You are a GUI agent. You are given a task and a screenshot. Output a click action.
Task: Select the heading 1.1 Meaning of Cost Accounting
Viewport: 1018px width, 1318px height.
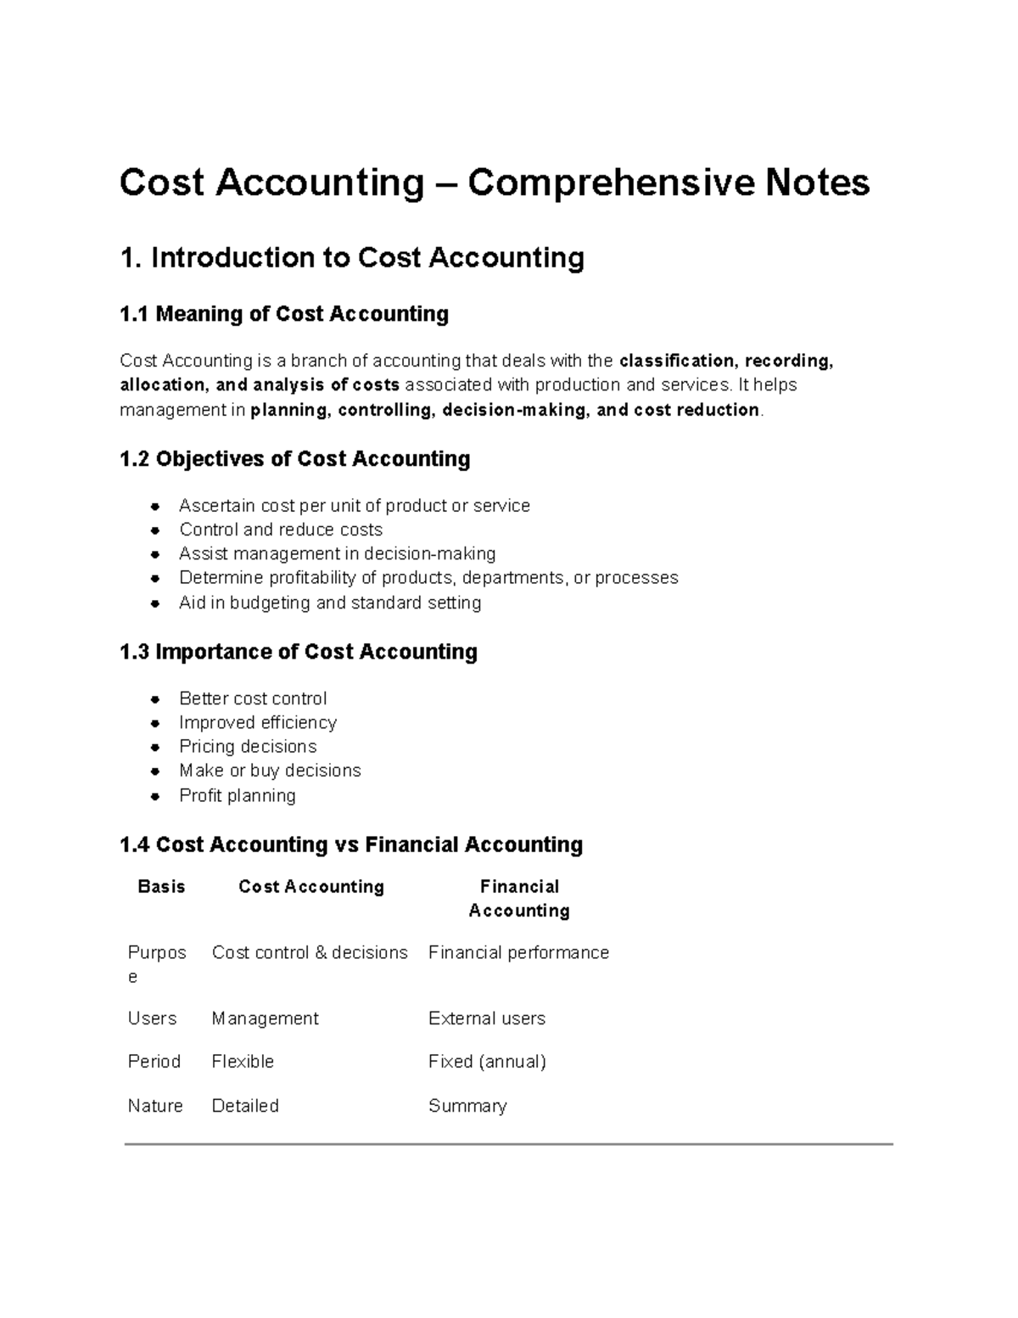click(284, 314)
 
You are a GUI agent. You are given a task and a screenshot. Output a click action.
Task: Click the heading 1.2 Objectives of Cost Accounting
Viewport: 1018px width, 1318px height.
click(294, 459)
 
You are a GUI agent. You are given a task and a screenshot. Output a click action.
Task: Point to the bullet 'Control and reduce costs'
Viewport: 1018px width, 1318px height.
click(281, 530)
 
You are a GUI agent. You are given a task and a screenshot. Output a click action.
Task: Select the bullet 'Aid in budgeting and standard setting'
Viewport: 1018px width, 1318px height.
click(330, 603)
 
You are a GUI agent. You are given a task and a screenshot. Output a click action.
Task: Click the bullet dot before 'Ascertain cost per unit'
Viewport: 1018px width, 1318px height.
click(155, 507)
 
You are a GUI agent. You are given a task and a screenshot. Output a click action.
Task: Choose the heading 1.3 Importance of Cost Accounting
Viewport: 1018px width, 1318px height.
click(299, 652)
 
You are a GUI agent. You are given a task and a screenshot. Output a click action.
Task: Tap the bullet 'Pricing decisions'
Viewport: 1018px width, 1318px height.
click(248, 747)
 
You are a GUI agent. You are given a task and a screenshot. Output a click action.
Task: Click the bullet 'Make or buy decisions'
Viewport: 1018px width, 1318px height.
click(270, 771)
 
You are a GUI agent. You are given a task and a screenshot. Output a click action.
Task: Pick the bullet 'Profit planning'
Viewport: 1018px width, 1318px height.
click(238, 796)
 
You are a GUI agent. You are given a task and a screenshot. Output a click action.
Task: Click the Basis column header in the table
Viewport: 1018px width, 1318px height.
click(161, 887)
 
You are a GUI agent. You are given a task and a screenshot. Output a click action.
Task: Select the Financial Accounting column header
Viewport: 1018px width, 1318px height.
click(519, 899)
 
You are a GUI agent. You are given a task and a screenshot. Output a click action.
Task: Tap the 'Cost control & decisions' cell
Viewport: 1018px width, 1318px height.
click(310, 953)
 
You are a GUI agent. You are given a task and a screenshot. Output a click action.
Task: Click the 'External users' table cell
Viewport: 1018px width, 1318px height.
click(487, 1018)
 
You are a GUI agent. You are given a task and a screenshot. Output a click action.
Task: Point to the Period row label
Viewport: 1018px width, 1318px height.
click(154, 1062)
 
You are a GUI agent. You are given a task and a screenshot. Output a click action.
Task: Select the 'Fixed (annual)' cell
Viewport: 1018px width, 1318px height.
click(487, 1062)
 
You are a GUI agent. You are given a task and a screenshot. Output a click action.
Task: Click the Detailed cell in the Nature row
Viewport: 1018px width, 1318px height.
click(245, 1106)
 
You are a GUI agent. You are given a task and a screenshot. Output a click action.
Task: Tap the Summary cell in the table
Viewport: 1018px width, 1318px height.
click(467, 1106)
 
